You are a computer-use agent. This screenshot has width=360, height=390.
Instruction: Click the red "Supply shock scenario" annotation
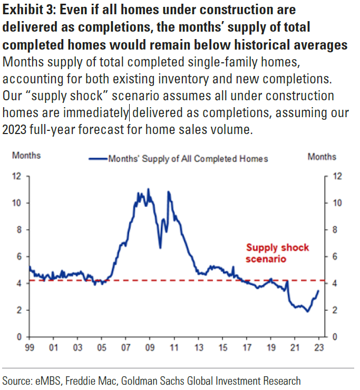(277, 253)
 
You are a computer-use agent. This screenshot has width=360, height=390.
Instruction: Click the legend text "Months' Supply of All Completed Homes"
(188, 158)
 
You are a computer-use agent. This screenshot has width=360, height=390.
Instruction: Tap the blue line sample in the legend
(98, 158)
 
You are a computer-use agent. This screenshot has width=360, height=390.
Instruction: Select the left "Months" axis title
(26, 156)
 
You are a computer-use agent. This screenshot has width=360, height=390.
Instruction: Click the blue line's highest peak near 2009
(148, 189)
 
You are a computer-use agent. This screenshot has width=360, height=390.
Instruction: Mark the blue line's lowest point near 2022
(307, 311)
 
